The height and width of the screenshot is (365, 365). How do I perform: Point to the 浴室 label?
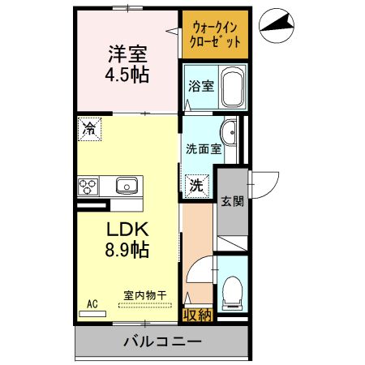(200, 86)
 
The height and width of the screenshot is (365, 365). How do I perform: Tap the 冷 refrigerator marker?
(90, 127)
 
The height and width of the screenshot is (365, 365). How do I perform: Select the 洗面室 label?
(203, 148)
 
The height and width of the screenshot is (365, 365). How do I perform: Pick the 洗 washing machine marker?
(197, 185)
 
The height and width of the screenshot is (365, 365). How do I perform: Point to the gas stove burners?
(88, 187)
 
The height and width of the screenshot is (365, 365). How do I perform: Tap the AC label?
(92, 304)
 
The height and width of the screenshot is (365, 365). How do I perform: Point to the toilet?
(232, 290)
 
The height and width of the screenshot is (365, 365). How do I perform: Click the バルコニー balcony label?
(162, 341)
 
